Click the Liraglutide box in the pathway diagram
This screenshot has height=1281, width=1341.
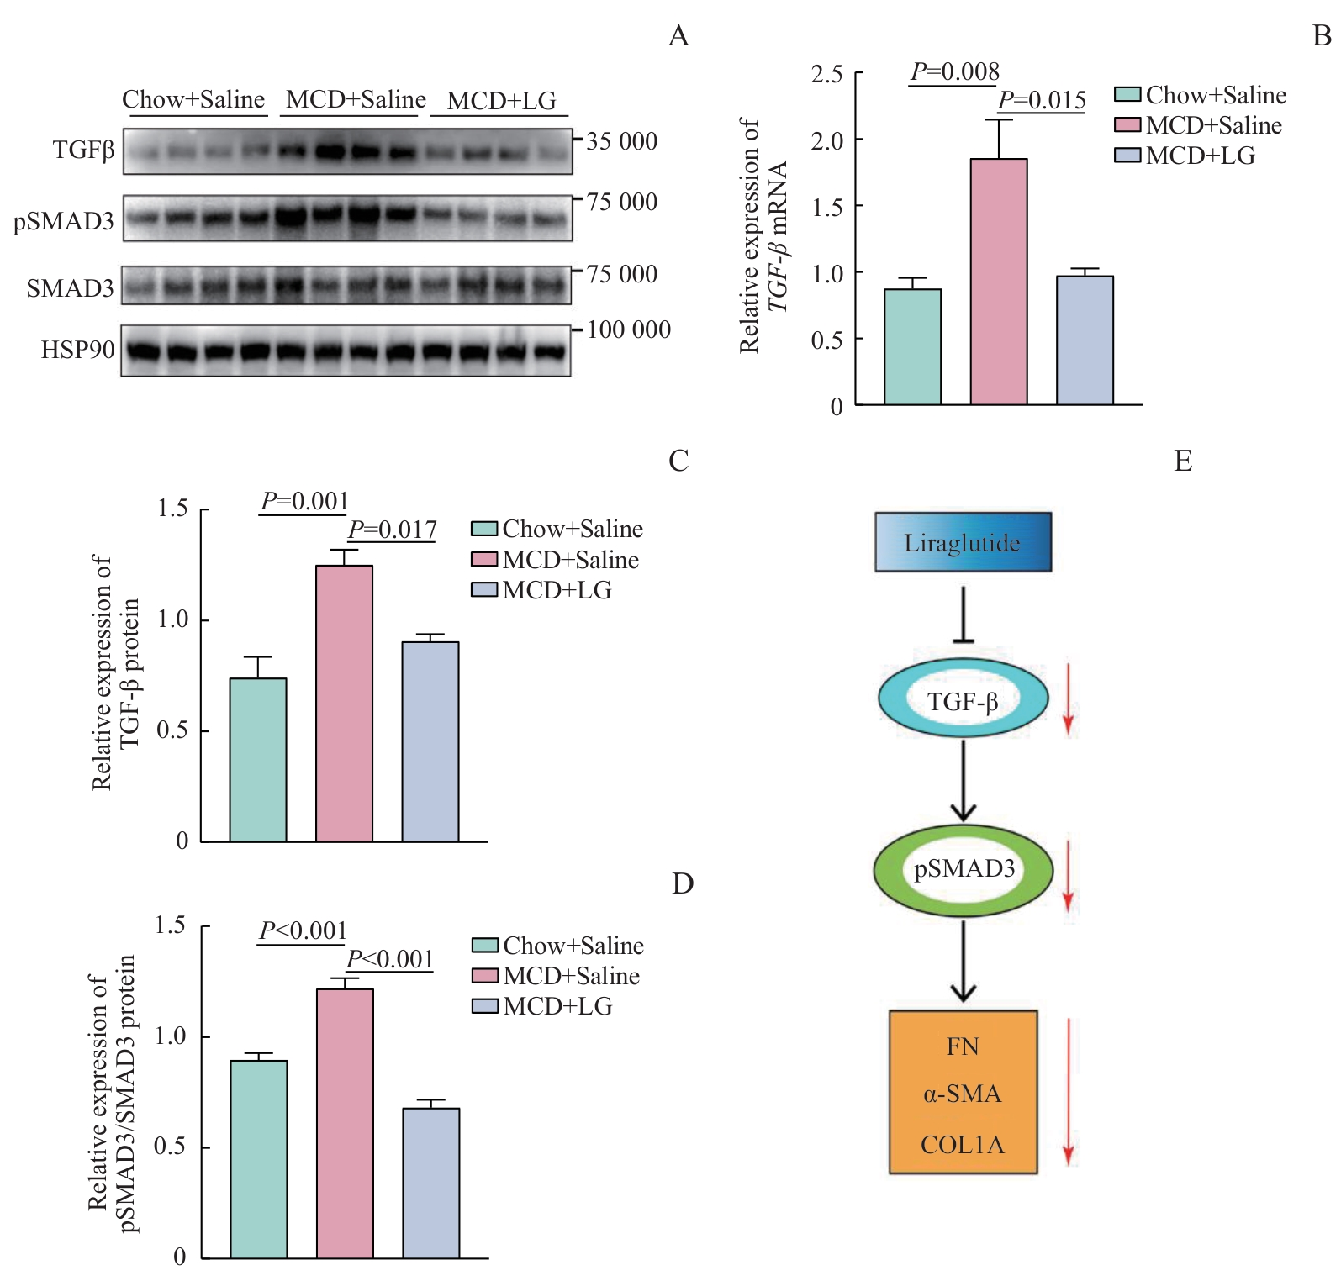click(963, 542)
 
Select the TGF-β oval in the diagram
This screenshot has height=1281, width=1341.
click(963, 698)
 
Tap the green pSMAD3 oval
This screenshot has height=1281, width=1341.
click(963, 868)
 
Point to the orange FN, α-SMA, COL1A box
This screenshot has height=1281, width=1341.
click(963, 1092)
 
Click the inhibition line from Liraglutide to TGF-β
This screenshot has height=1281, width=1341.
click(963, 614)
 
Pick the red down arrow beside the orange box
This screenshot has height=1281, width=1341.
click(1068, 1092)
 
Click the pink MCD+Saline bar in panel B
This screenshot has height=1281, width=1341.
click(999, 282)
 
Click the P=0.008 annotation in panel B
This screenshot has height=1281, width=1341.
click(955, 72)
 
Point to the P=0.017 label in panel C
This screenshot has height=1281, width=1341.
click(392, 530)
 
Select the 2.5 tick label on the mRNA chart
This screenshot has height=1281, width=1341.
click(826, 74)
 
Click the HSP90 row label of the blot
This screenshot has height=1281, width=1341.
click(77, 349)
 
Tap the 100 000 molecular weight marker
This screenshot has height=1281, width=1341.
click(628, 329)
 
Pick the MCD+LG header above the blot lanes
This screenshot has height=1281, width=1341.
click(501, 101)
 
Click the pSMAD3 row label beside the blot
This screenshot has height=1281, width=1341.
click(63, 221)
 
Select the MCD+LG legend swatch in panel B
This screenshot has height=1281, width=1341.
click(1127, 156)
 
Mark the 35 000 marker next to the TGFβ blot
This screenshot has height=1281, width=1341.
click(621, 141)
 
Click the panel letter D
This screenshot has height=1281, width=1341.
click(682, 883)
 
